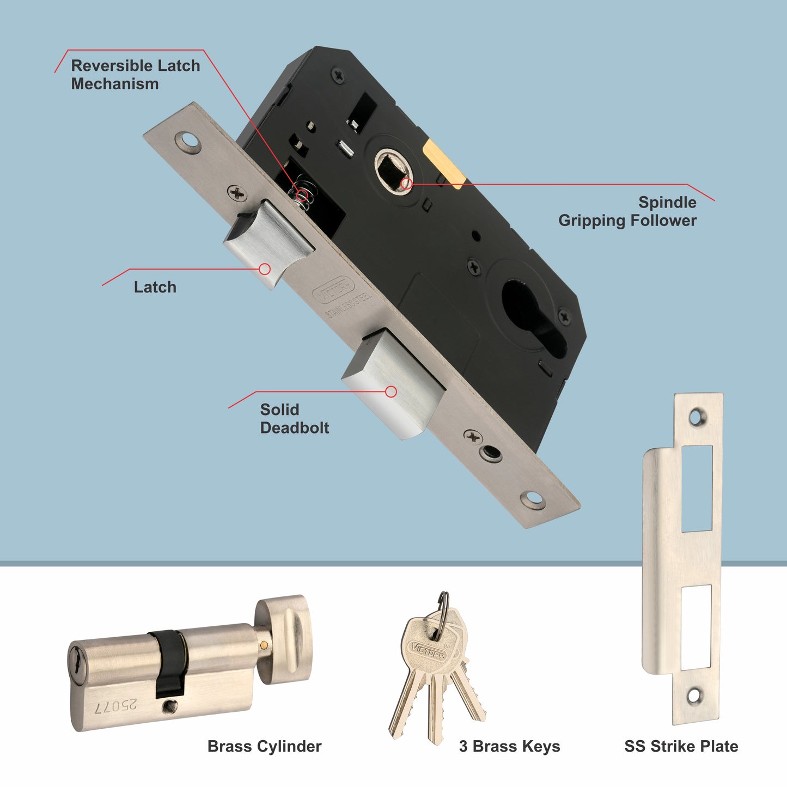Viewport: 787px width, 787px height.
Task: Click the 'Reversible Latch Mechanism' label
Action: point(135,75)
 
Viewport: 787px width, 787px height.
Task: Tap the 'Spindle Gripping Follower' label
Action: point(627,211)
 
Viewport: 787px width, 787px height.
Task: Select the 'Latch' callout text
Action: point(155,287)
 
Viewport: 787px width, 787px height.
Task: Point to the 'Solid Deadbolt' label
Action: point(294,418)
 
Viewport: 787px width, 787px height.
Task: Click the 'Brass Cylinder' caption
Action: point(265,746)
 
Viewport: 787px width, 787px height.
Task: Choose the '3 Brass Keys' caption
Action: point(509,746)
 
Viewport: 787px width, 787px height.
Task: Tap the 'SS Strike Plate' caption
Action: point(681,746)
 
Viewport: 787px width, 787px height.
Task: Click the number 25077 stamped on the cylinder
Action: point(116,706)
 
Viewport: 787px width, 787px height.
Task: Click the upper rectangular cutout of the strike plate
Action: point(697,488)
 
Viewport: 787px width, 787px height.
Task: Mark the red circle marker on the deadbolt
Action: point(391,391)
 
